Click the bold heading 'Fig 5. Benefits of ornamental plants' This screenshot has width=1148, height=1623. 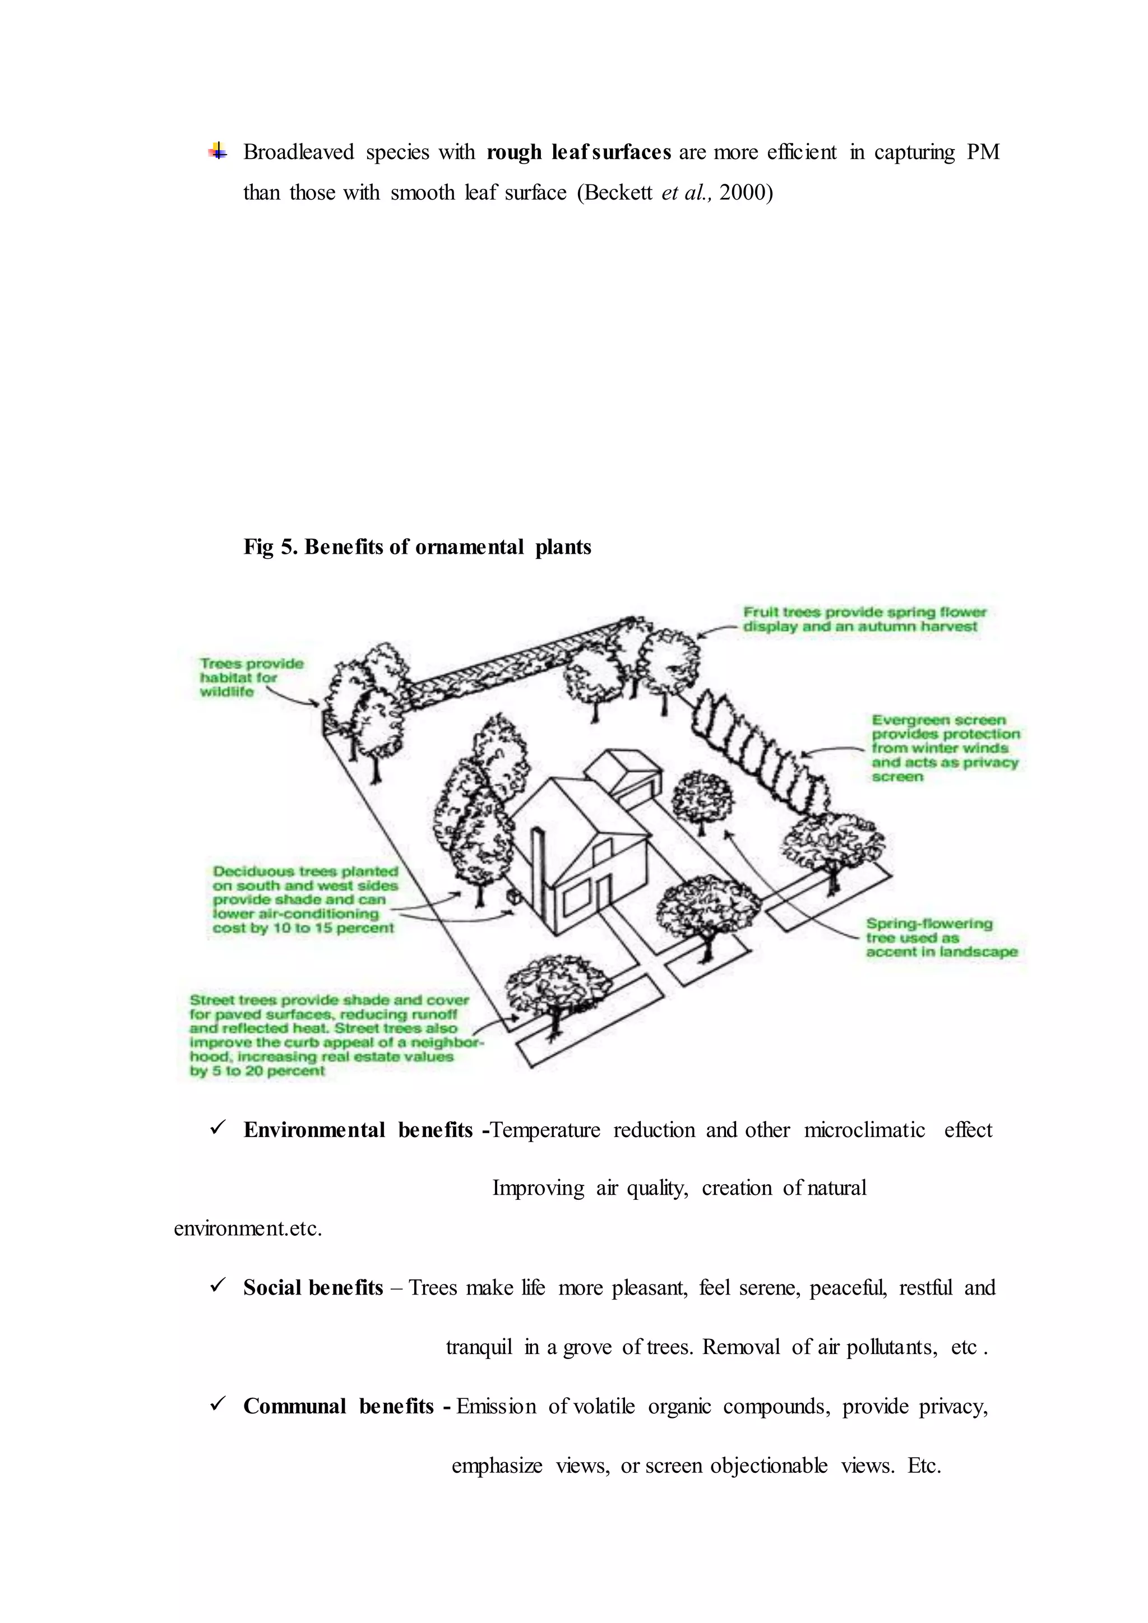417,546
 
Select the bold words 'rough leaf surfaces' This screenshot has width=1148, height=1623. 578,152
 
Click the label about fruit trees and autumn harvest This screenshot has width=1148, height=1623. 863,619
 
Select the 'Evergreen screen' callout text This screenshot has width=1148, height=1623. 945,748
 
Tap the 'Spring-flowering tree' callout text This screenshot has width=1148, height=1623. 941,938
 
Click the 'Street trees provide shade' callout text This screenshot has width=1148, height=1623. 332,1035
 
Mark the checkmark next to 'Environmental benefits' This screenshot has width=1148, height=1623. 217,1129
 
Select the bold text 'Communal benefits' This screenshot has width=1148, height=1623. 338,1406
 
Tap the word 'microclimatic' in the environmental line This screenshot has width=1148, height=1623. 864,1130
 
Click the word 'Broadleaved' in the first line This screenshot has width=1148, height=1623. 298,152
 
